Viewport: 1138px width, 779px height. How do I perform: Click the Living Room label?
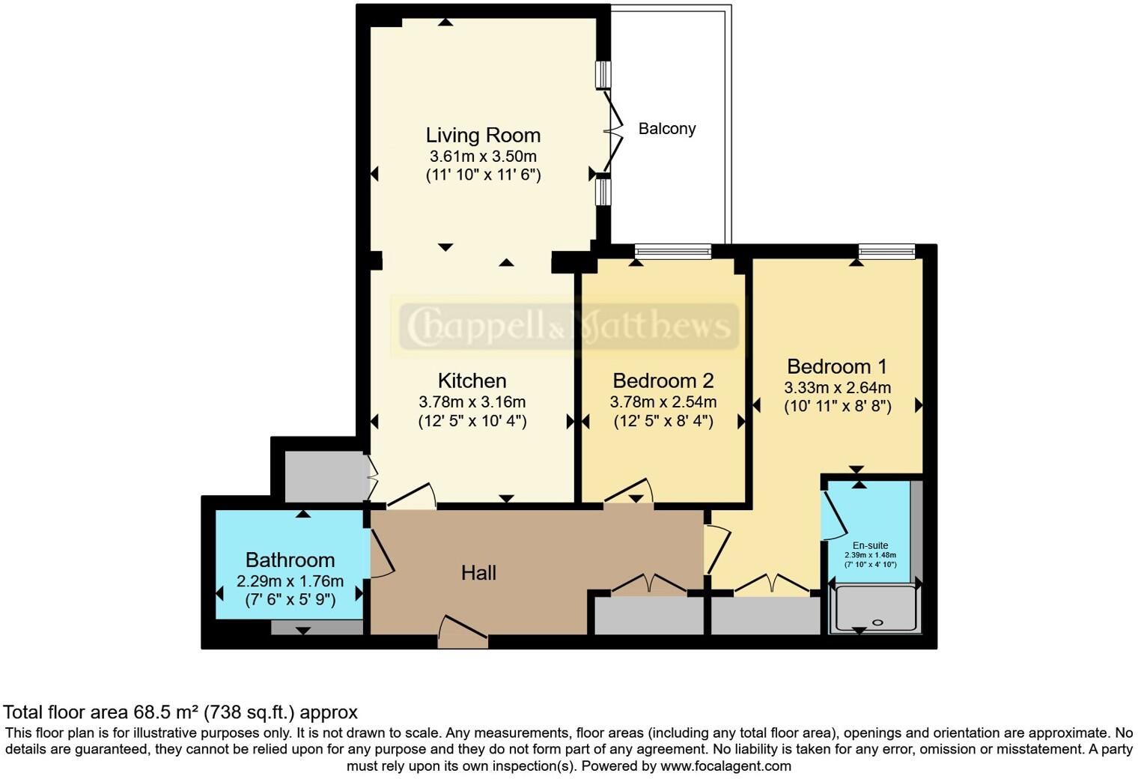[483, 136]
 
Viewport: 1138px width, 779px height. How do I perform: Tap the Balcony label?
[666, 129]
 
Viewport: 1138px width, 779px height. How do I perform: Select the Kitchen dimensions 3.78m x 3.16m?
[472, 402]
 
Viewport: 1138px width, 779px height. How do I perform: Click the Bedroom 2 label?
[663, 381]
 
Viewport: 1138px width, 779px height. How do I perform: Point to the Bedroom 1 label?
[837, 366]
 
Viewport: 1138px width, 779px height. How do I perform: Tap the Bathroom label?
[290, 560]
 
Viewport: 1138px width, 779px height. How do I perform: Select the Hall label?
[478, 573]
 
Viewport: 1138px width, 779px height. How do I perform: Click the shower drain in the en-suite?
[878, 622]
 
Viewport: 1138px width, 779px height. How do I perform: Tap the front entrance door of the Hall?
[463, 631]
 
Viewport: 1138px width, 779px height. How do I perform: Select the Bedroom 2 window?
[672, 252]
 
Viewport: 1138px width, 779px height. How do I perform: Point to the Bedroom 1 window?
[886, 252]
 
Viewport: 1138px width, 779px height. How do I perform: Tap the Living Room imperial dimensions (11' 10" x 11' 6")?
[483, 175]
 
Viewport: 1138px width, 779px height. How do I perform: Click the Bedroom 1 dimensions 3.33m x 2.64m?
[837, 388]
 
